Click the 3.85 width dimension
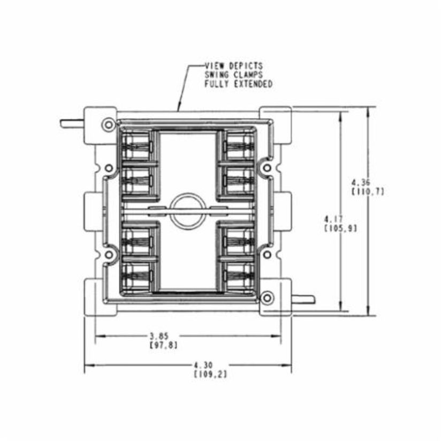(159, 336)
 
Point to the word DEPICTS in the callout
(243, 66)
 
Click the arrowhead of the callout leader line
(180, 109)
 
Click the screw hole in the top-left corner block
(109, 125)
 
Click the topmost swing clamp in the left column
(137, 146)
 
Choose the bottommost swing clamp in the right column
(239, 277)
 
